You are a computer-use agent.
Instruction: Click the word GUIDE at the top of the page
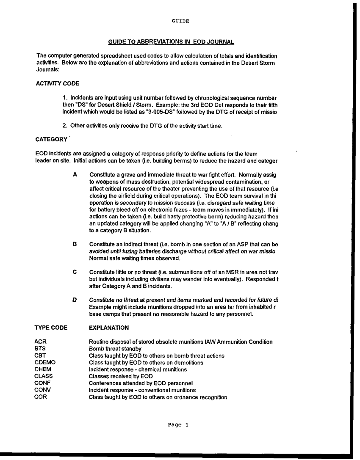[x=180, y=21]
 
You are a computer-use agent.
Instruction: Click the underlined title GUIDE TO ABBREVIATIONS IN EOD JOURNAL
[x=171, y=42]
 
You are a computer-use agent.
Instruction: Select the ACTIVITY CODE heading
[x=54, y=83]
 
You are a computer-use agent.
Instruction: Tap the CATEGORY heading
[x=51, y=140]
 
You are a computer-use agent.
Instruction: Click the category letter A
[x=75, y=174]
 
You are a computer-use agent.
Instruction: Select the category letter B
[x=75, y=245]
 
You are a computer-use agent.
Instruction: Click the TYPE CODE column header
[x=50, y=328]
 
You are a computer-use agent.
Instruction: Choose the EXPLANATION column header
[x=109, y=328]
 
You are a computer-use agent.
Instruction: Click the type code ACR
[x=40, y=342]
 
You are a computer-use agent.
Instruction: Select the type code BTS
[x=40, y=349]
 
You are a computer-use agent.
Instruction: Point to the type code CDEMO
[x=44, y=363]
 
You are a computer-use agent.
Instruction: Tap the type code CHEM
[x=42, y=369]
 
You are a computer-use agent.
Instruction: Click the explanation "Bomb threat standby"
[x=115, y=349]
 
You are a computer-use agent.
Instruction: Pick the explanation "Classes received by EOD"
[x=121, y=376]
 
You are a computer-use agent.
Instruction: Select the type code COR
[x=40, y=397]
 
